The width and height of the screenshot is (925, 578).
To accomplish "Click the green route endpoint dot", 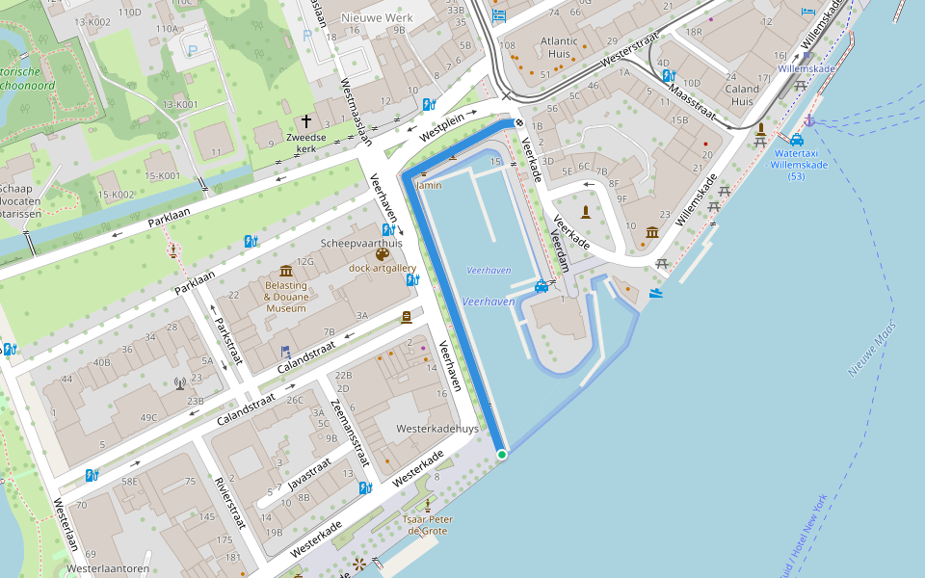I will pyautogui.click(x=501, y=454).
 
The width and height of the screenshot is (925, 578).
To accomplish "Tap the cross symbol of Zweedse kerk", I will pyautogui.click(x=306, y=121).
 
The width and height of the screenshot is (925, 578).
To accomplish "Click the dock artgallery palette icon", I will pyautogui.click(x=383, y=254).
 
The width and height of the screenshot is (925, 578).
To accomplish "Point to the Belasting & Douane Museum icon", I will pyautogui.click(x=285, y=271).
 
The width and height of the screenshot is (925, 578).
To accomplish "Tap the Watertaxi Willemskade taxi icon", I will pyautogui.click(x=796, y=140).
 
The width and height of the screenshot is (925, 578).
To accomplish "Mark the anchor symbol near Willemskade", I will pyautogui.click(x=810, y=119).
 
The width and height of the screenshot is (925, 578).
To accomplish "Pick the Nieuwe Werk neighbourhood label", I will pyautogui.click(x=378, y=18).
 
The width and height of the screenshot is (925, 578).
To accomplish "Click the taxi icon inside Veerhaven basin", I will pyautogui.click(x=542, y=286).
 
